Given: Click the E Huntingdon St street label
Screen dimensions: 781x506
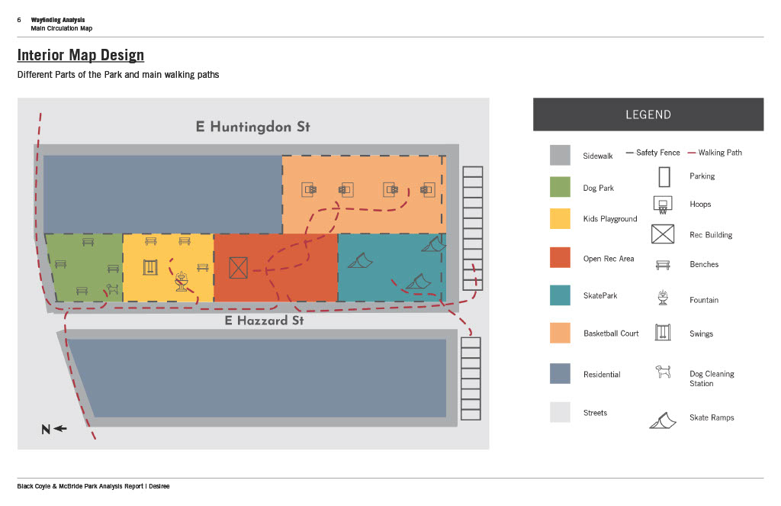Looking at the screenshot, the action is click(252, 127).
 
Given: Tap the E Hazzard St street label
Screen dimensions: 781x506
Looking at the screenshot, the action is click(264, 321).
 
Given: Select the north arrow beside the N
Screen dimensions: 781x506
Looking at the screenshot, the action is click(60, 429).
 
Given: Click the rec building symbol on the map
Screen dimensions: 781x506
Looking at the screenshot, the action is click(239, 268).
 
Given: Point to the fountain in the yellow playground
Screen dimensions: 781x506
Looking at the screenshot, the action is click(182, 281).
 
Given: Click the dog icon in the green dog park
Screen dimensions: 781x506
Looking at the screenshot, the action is click(112, 289).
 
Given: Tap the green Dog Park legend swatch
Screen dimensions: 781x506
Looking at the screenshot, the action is click(560, 187).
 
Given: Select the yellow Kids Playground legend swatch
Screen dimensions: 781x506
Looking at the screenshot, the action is click(560, 218).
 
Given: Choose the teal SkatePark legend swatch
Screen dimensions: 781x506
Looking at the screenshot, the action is click(560, 295).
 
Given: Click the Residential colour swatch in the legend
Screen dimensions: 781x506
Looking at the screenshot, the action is click(560, 373).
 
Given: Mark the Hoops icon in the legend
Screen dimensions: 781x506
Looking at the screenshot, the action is click(662, 204).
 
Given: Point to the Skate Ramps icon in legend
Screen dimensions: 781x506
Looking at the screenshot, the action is click(663, 420).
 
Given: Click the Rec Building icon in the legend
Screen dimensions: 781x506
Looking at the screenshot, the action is click(662, 234).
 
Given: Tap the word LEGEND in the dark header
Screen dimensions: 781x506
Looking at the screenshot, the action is click(648, 114).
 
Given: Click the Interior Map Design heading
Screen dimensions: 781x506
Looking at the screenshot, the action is click(80, 55).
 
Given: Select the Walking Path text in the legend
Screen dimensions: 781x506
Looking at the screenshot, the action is click(720, 153).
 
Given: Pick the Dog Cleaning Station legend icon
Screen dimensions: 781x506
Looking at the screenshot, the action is click(663, 372).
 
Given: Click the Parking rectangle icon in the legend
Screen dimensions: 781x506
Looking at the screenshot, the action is click(664, 177).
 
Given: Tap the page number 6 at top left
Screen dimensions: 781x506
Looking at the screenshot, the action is click(19, 20).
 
